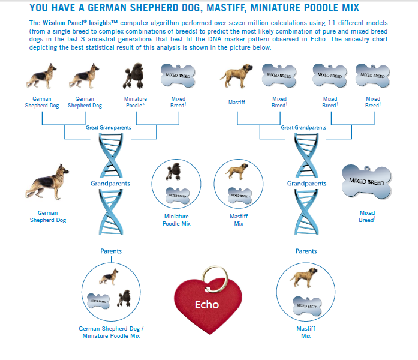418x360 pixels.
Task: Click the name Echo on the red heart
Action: (x=207, y=304)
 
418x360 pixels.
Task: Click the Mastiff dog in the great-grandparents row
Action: (x=236, y=76)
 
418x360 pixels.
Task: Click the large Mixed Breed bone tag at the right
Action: (x=367, y=182)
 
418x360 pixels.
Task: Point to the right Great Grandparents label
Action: (x=303, y=127)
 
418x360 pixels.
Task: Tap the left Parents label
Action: (x=111, y=251)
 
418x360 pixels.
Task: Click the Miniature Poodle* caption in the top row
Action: (x=136, y=102)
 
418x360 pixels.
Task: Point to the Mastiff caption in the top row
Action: (x=237, y=103)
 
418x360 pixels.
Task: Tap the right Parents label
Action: (x=306, y=251)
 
